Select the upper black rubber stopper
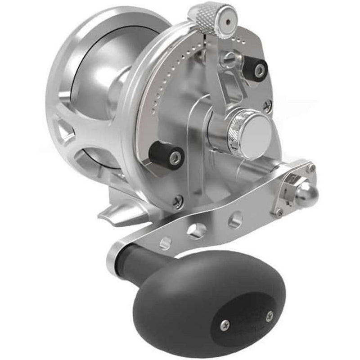pyautogui.click(x=256, y=69)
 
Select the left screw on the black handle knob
pyautogui.click(x=226, y=324)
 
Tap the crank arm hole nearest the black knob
pyautogui.click(x=166, y=243)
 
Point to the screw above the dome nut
pyautogui.click(x=310, y=169)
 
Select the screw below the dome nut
pyautogui.click(x=279, y=211)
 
